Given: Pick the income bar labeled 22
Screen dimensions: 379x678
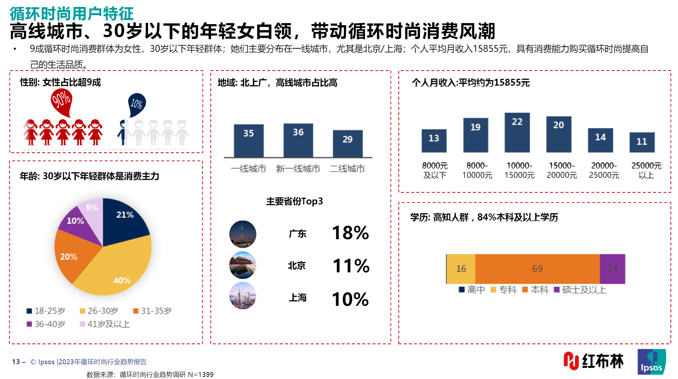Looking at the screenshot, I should (517, 133).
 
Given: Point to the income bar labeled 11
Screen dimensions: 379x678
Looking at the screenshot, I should (642, 142).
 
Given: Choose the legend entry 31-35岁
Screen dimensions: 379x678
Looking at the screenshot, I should (152, 311).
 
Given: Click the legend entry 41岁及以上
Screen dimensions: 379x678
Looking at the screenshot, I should (105, 324).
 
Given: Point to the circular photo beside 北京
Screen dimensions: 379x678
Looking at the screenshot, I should (243, 265).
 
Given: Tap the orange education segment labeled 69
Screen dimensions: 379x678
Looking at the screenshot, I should (537, 269).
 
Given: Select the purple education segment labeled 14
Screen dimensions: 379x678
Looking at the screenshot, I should (613, 269).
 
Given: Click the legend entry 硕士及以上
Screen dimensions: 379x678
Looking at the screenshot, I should (580, 290).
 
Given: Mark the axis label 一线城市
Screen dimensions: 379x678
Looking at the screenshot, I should (248, 169).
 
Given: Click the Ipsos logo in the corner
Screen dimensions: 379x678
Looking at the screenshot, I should (651, 362).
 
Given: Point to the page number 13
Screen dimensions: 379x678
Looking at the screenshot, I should (16, 362).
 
